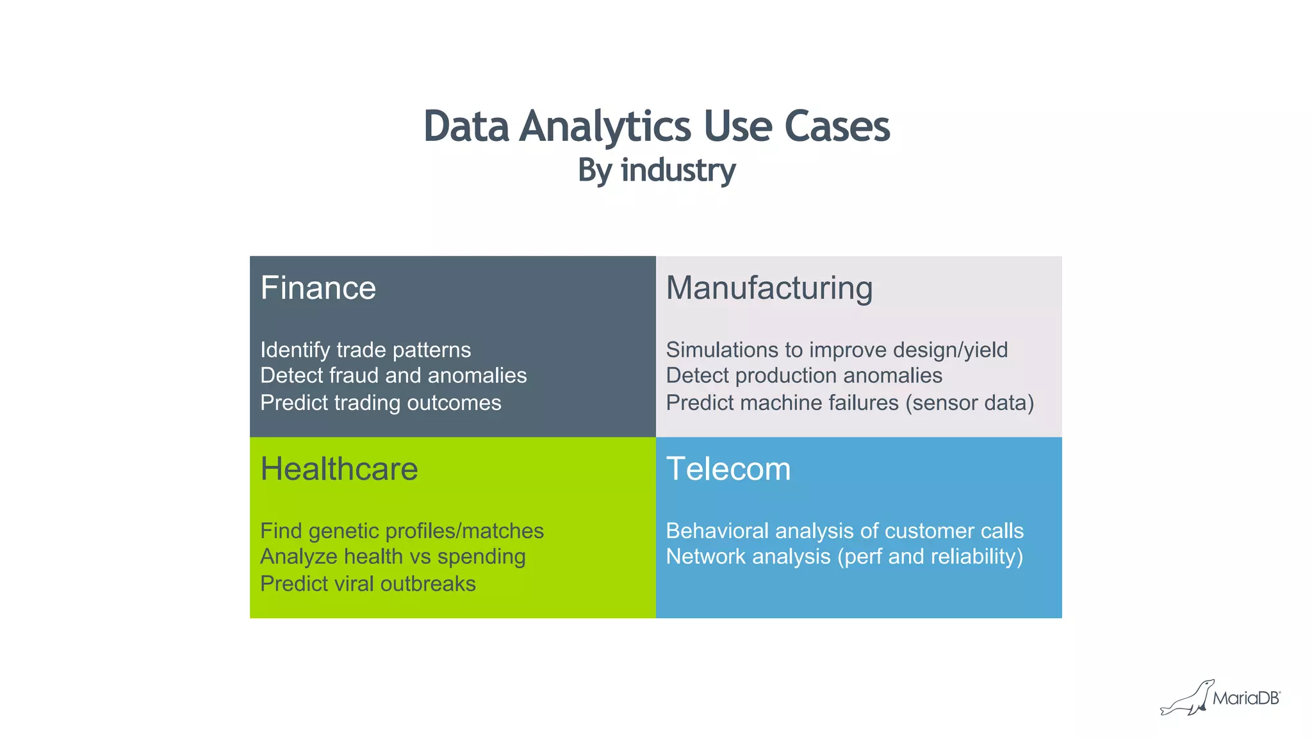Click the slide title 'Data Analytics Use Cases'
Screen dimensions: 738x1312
tap(656, 126)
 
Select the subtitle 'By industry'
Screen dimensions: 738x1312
tap(656, 170)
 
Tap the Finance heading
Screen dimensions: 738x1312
tap(318, 288)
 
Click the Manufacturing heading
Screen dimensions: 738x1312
tap(769, 288)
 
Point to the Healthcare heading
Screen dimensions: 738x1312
tap(339, 469)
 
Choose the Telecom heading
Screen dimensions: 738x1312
tap(728, 469)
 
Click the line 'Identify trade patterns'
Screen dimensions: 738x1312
tap(365, 350)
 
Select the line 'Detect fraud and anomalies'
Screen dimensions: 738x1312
tap(393, 375)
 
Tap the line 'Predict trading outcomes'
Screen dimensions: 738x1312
tap(381, 403)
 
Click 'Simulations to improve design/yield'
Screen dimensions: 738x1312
tap(837, 350)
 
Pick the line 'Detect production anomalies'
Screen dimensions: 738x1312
tap(804, 375)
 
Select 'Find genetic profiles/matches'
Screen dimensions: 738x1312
tap(402, 531)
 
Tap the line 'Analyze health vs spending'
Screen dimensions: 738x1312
tap(393, 557)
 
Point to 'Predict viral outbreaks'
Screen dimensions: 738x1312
tap(368, 584)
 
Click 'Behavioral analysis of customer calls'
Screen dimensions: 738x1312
tap(844, 531)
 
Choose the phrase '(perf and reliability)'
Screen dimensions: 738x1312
tap(930, 557)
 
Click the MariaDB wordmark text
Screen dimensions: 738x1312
tap(1245, 698)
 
